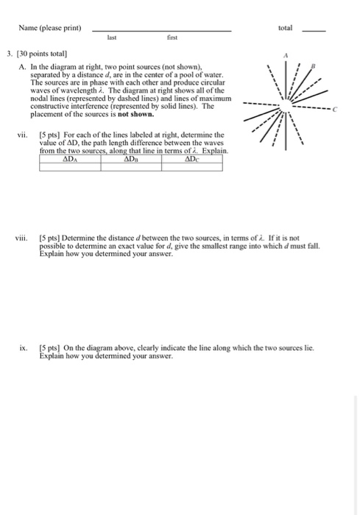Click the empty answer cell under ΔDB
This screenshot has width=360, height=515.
130,166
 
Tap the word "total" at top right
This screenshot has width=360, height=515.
286,27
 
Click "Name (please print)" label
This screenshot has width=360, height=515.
51,28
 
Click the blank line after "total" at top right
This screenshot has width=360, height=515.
314,31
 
